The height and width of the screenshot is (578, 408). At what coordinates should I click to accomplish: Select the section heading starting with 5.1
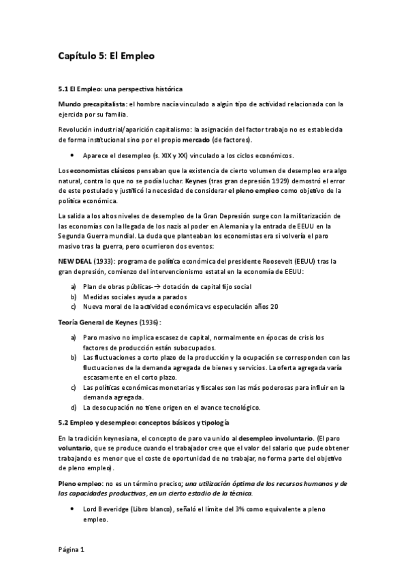(x=120, y=89)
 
